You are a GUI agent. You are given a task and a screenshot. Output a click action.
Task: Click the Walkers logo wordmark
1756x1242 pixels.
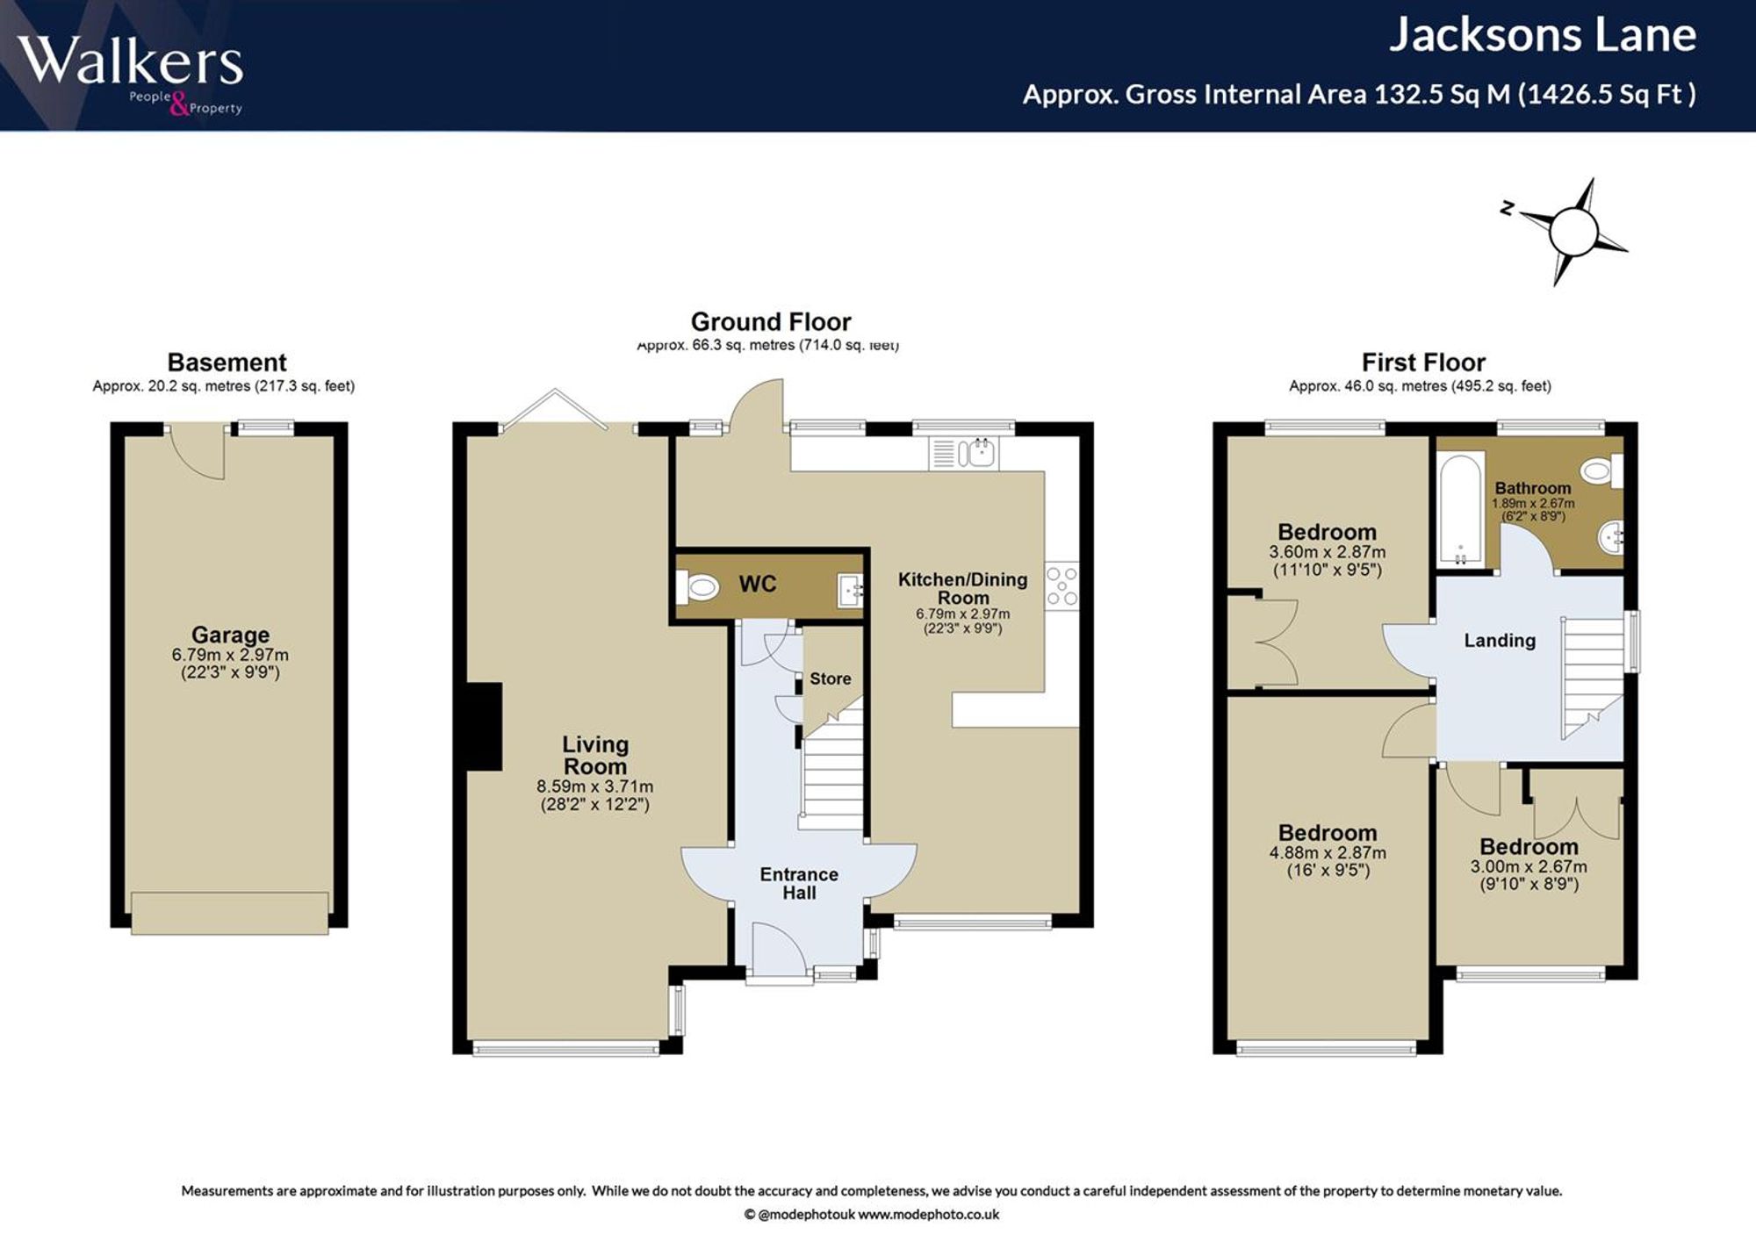130,61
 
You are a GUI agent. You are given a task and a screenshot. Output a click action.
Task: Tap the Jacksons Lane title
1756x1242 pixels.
1543,35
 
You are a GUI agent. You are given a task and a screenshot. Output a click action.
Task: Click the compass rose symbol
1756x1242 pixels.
1569,232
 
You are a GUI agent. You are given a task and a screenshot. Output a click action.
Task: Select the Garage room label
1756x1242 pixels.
230,635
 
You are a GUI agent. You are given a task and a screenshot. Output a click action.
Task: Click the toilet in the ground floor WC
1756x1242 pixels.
700,586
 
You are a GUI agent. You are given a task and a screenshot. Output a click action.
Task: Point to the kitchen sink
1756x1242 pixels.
976,453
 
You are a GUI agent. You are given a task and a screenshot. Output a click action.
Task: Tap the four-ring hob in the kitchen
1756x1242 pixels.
1062,585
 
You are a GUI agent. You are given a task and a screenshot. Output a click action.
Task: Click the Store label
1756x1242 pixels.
831,678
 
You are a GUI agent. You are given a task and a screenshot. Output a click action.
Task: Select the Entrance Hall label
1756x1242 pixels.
799,884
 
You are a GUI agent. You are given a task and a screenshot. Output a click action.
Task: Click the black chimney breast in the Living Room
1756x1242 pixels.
484,727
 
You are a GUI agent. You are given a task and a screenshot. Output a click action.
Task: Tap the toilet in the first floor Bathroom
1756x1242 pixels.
1603,471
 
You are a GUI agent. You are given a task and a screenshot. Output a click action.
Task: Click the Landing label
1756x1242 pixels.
1500,641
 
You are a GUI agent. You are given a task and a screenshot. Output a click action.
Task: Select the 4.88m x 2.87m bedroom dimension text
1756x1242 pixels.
1328,852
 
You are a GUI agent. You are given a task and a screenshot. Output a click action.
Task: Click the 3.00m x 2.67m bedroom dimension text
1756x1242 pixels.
1529,866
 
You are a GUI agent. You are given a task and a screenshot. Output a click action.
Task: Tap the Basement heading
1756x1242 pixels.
227,363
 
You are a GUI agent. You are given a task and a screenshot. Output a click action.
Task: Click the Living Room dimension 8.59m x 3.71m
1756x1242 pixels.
595,786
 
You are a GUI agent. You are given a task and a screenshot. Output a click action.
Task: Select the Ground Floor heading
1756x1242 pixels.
771,321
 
